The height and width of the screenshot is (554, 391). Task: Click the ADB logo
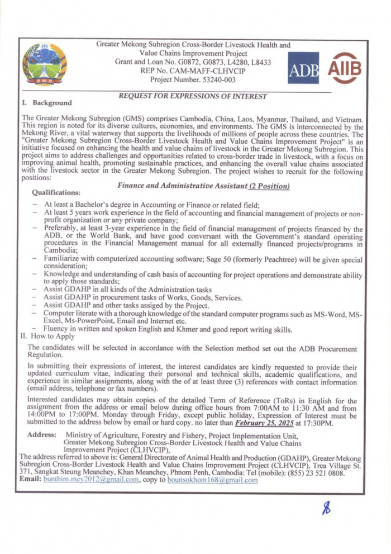tap(303, 68)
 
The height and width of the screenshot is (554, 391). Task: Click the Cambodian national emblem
tap(44, 65)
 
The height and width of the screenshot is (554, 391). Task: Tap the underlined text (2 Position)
tap(269, 186)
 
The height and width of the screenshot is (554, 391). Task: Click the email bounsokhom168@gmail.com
tap(212, 479)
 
